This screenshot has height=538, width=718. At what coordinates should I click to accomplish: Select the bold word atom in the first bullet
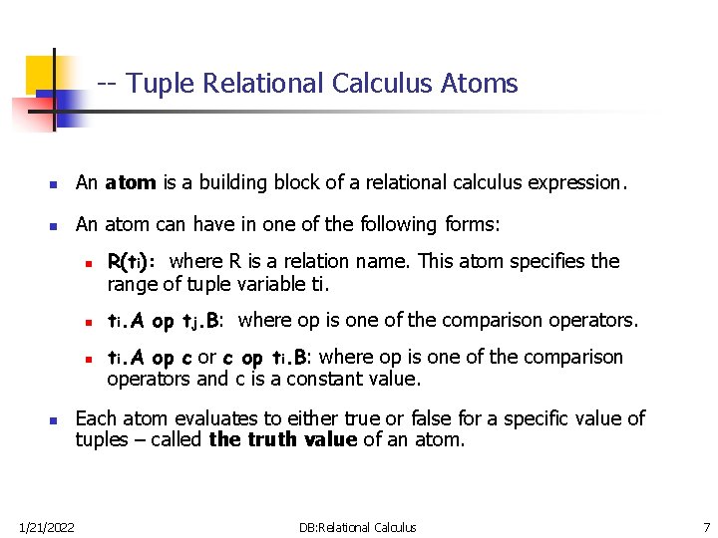[x=130, y=182]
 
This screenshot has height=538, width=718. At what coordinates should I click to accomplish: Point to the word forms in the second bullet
[x=474, y=225]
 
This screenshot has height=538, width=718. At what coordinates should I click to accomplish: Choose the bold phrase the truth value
[x=282, y=439]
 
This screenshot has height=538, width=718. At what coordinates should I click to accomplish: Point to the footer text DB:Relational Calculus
[x=357, y=526]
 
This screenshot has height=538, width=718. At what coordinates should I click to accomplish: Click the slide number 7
[x=706, y=526]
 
